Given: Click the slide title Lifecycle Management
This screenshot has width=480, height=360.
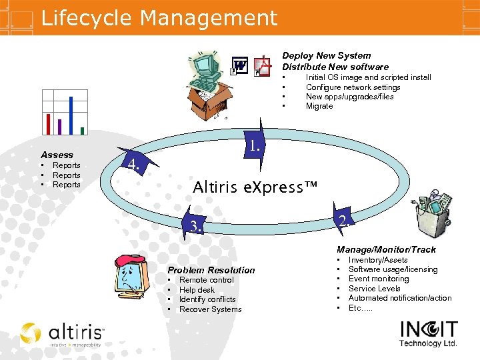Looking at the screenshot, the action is (159, 18).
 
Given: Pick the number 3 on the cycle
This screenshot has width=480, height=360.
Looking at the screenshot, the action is (195, 227).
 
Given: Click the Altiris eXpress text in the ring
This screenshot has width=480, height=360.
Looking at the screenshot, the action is (255, 187).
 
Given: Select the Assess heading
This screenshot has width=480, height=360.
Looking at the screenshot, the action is (57, 155).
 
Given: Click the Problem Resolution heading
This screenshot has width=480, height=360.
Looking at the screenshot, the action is (211, 270).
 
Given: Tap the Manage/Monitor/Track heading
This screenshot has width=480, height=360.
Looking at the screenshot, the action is (386, 249).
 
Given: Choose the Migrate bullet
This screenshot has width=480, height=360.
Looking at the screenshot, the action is (319, 106).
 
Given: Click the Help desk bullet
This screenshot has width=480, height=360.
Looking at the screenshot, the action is (197, 290).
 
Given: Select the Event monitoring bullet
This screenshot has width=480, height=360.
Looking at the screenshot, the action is (379, 279).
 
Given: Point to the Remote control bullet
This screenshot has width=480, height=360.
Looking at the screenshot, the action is (206, 280).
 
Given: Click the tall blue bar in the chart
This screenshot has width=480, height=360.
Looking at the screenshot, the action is (71, 115).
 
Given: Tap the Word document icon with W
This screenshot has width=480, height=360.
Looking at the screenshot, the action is (238, 66).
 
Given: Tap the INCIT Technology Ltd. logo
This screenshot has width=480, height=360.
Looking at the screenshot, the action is (429, 333).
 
